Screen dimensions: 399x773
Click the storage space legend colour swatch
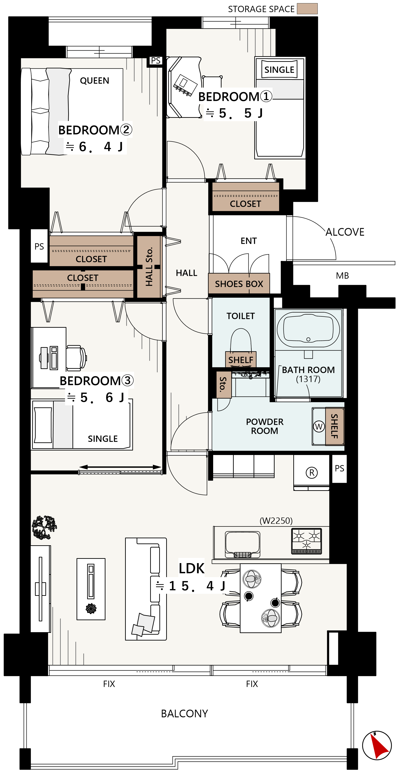coord(307,9)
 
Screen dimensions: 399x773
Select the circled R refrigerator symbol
coord(312,473)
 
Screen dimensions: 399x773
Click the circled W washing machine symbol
coord(319,426)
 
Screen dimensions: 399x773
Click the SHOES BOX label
coord(239,284)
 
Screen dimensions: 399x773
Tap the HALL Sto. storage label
coord(149,267)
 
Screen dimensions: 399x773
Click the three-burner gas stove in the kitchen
coord(306,541)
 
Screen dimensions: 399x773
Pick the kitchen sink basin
coord(243,544)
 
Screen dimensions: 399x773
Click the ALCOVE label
coord(345,232)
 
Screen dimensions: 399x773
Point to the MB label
coord(342,276)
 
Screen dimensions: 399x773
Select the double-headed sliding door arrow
coord(120,467)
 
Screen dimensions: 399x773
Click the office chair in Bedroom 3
coord(76,357)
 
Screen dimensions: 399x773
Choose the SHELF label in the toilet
coord(241,360)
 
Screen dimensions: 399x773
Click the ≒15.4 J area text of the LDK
coord(190,586)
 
